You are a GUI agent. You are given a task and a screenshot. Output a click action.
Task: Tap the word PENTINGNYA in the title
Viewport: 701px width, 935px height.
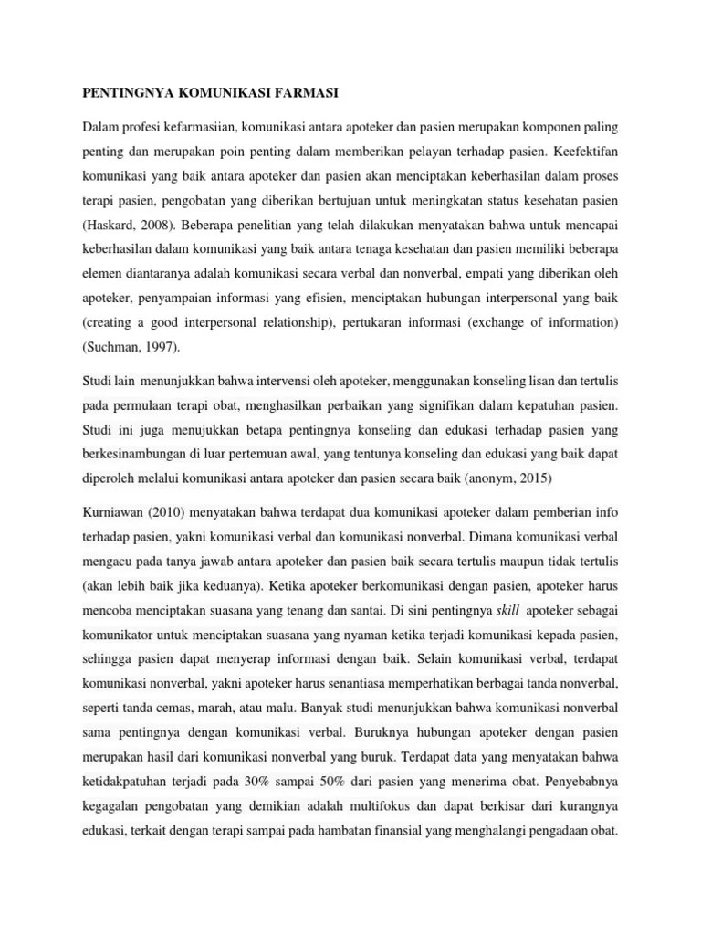tap(122, 93)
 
